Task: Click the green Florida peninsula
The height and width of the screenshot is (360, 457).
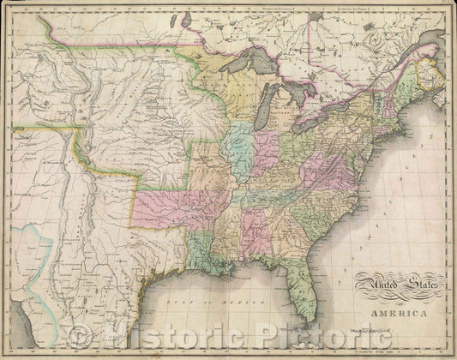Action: click(301, 283)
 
